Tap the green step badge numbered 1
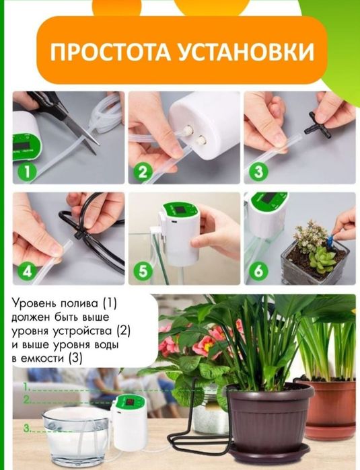(x=27, y=171)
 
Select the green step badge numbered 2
(x=143, y=171)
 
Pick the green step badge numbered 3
(x=258, y=171)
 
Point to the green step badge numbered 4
(x=27, y=272)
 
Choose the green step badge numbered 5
(x=143, y=272)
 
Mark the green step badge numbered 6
(x=258, y=272)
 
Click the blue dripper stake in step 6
(x=330, y=241)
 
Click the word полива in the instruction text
(x=79, y=304)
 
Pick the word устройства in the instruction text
(x=83, y=331)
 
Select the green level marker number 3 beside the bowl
(x=27, y=428)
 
